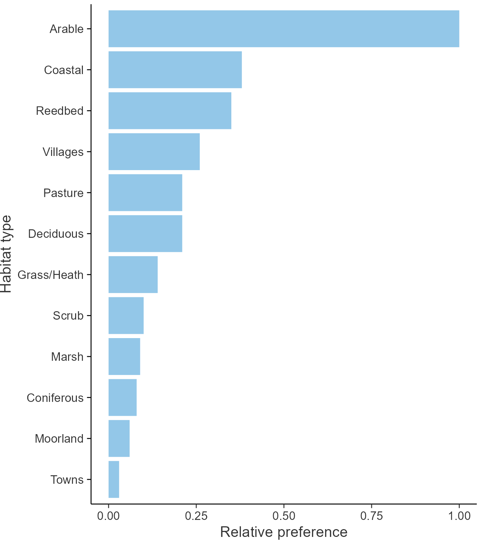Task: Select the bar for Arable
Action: (x=283, y=29)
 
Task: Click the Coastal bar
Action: (x=175, y=69)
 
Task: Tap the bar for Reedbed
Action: (x=170, y=111)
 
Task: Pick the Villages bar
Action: (x=154, y=152)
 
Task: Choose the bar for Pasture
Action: (x=145, y=192)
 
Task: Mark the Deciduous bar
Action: (x=145, y=234)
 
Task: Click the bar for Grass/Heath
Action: (x=133, y=274)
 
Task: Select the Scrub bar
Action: (x=126, y=315)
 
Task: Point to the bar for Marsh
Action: (x=124, y=357)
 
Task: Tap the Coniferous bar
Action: (x=122, y=397)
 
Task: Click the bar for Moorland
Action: (x=119, y=438)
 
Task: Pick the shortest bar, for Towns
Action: (x=114, y=479)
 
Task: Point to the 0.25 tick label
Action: (x=196, y=516)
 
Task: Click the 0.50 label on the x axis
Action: (x=284, y=516)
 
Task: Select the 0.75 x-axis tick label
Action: (x=372, y=516)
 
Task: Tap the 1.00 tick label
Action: (x=459, y=516)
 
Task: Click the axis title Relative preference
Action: (x=284, y=532)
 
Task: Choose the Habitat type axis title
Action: (x=6, y=254)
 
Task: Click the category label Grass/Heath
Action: (x=50, y=275)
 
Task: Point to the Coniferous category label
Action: (x=55, y=398)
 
